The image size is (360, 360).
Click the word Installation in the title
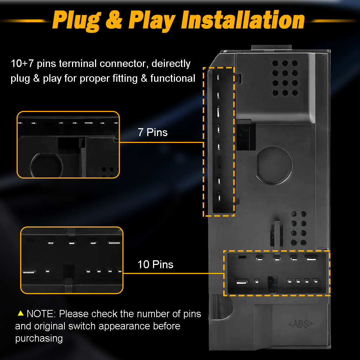(x=243, y=20)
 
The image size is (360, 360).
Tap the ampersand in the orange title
(x=114, y=20)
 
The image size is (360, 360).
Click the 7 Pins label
(x=153, y=132)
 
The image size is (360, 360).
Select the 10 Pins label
(x=156, y=264)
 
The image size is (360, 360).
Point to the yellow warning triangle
(x=21, y=313)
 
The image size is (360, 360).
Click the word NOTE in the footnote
(x=40, y=314)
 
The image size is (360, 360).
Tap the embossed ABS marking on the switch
(x=301, y=324)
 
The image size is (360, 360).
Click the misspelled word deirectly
(x=171, y=64)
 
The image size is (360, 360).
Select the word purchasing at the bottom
(x=39, y=339)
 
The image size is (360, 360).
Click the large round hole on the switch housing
(x=274, y=165)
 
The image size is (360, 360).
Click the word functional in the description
(x=173, y=78)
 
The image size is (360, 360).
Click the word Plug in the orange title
(x=77, y=21)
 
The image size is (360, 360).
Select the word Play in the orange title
(x=152, y=21)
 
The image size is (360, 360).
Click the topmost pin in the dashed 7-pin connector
(x=218, y=77)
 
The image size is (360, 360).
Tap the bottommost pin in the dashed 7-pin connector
(x=220, y=198)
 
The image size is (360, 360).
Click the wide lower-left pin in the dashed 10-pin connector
(x=242, y=282)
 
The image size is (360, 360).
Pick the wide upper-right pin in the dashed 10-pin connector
(x=311, y=258)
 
